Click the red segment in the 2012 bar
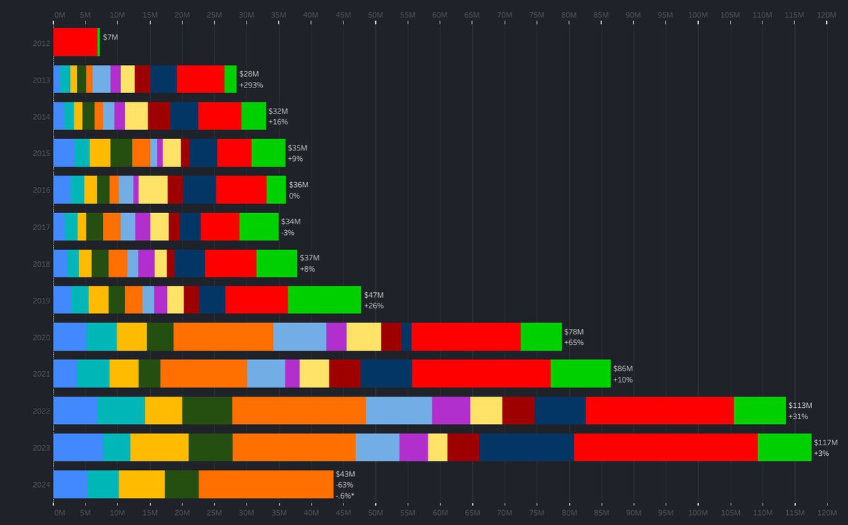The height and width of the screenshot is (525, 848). coord(75,42)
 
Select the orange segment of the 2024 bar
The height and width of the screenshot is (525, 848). coord(266,484)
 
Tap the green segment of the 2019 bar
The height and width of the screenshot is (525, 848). coord(324,299)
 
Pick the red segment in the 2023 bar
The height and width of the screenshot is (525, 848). coord(666,447)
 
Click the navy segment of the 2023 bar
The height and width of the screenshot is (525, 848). coord(526,447)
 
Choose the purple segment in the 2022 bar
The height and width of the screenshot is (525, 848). coord(451,410)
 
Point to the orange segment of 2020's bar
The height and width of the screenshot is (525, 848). coord(223,337)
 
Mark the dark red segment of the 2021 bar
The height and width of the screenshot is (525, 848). coord(345,373)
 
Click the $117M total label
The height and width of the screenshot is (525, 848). coord(825,442)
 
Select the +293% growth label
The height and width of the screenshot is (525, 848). coord(251,85)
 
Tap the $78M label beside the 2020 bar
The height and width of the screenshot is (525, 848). coord(574,332)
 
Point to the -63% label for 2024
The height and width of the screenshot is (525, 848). coord(345,485)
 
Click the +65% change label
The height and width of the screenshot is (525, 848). coord(573,343)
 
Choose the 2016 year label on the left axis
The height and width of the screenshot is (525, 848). coord(41,190)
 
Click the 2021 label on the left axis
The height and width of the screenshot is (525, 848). coord(41,374)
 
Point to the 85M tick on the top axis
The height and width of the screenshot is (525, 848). coord(601,14)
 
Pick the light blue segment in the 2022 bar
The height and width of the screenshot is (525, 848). coord(399,410)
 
